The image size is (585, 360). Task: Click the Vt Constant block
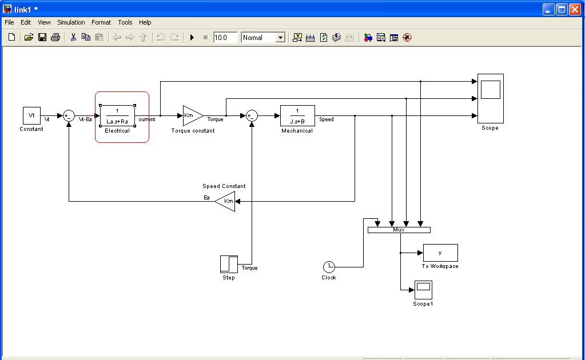31,115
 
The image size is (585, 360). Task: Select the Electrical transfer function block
117,115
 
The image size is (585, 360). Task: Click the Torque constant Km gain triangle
191,115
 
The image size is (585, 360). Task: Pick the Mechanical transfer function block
297,115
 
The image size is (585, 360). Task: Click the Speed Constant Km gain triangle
226,201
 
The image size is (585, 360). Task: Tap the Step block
229,264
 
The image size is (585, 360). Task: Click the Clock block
329,267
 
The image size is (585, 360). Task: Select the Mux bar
399,230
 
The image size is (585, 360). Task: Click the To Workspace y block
440,253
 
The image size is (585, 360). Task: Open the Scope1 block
423,290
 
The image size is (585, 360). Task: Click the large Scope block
490,98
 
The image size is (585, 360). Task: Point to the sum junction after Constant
69,115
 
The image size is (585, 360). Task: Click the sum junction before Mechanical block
252,115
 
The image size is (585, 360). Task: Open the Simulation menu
71,22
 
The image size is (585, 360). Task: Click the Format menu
101,22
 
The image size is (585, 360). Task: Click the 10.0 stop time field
225,38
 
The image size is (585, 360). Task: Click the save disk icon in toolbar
42,37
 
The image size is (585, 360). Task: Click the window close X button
575,9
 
